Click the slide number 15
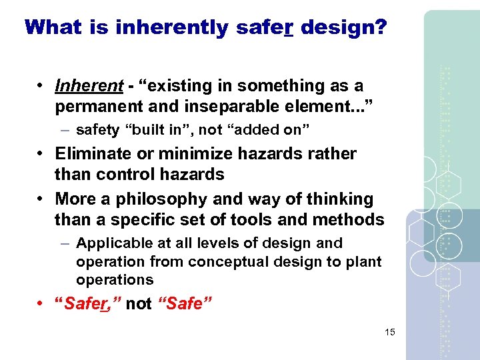tap(390, 332)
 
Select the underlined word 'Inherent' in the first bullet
tap(89, 86)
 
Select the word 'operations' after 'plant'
tap(115, 280)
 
